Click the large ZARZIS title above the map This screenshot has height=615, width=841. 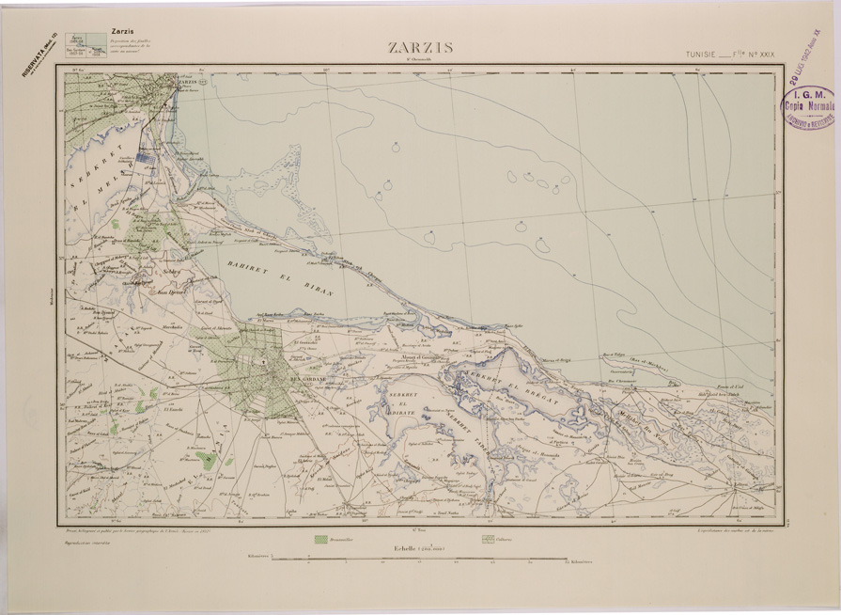pos(419,48)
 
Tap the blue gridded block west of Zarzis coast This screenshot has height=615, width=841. pos(145,158)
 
